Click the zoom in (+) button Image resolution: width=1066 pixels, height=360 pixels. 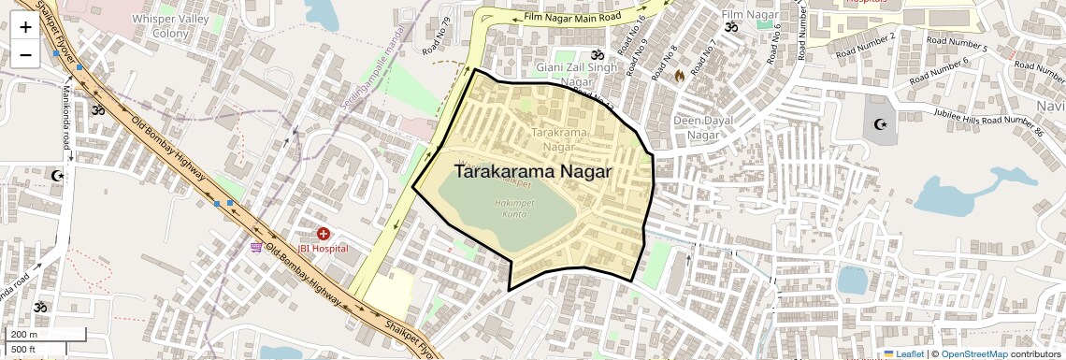[25, 27]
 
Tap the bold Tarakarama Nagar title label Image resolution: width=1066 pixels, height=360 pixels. [532, 172]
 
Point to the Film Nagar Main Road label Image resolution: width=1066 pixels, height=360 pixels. [573, 17]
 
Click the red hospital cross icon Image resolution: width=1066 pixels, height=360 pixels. [324, 233]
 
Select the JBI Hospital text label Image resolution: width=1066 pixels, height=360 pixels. [323, 249]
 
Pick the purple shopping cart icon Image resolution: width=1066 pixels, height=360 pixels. [255, 248]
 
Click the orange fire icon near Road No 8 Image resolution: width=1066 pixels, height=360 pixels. [693, 74]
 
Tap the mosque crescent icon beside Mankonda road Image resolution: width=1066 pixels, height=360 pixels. [58, 175]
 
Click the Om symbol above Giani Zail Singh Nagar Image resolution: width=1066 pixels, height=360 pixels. [586, 55]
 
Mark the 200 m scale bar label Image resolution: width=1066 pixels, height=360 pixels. [23, 335]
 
